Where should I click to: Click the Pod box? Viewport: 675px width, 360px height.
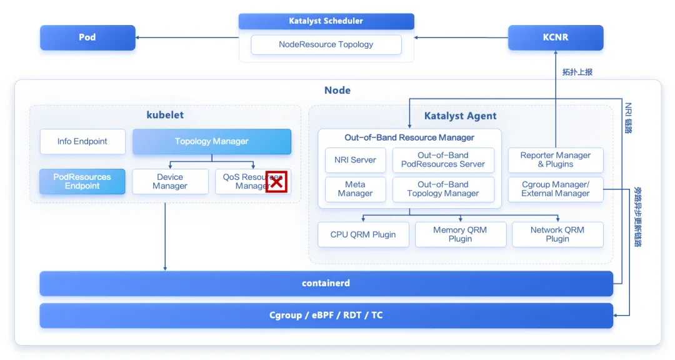pyautogui.click(x=87, y=37)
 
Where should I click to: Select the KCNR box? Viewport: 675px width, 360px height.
pyautogui.click(x=555, y=37)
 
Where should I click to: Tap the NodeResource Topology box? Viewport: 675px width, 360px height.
pyautogui.click(x=326, y=45)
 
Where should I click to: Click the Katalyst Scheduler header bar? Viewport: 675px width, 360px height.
pyautogui.click(x=326, y=21)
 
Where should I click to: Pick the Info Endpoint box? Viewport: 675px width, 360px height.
pyautogui.click(x=82, y=142)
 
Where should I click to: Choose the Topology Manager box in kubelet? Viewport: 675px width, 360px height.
pyautogui.click(x=211, y=142)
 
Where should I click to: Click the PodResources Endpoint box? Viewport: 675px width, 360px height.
pyautogui.click(x=82, y=181)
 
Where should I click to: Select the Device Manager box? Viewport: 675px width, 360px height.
pyautogui.click(x=170, y=181)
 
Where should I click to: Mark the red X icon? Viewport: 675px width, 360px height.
pyautogui.click(x=276, y=182)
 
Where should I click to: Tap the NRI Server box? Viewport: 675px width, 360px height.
pyautogui.click(x=355, y=160)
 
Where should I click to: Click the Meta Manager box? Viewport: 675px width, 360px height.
pyautogui.click(x=355, y=189)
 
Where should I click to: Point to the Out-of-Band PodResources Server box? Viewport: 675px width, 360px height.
pyautogui.click(x=443, y=160)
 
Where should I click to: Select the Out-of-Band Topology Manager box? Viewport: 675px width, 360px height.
pyautogui.click(x=443, y=189)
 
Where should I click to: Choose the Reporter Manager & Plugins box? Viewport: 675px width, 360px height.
pyautogui.click(x=555, y=160)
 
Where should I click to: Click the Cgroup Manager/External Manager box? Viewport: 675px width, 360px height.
pyautogui.click(x=555, y=189)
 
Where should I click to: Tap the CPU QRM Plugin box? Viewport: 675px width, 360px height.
pyautogui.click(x=363, y=234)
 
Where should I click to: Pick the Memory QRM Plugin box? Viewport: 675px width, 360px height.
pyautogui.click(x=460, y=234)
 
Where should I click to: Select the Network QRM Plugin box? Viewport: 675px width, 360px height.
pyautogui.click(x=557, y=234)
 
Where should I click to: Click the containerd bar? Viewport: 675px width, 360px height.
pyautogui.click(x=326, y=284)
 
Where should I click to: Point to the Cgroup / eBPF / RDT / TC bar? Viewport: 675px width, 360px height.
pyautogui.click(x=326, y=316)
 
